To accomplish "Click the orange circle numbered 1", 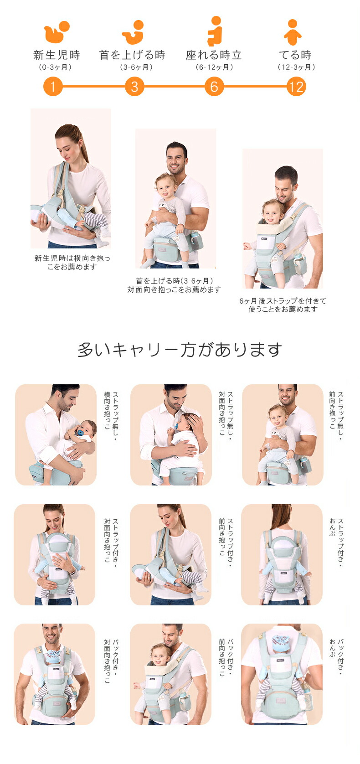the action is coord(53,86).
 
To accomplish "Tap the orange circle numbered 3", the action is coord(134,86).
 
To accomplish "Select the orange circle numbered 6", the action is coord(214,86).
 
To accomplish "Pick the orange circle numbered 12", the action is coord(296,86).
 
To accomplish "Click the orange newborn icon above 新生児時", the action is coord(56,32).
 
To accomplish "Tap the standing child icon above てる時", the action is coord(293,32).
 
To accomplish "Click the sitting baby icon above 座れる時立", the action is coord(215,31).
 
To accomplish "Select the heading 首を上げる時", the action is coord(132,55).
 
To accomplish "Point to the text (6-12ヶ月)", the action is coord(215,67).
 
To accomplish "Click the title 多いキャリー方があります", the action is coord(180,350).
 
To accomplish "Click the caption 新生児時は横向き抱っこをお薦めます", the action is coord(72,262).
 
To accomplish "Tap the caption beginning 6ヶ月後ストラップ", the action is coord(283,305).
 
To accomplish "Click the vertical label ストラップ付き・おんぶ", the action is coord(336,542).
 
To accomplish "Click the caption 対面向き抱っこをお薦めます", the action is coord(174,289).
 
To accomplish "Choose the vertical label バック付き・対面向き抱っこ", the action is coord(111,661).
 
